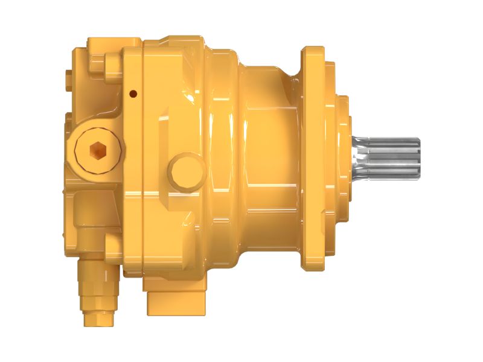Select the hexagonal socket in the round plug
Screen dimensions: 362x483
pyautogui.click(x=97, y=149)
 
